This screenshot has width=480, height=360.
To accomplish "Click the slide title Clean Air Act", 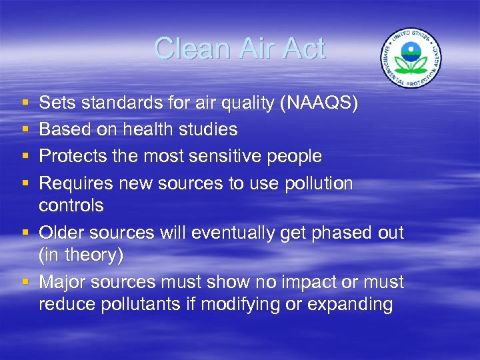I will click(x=239, y=49).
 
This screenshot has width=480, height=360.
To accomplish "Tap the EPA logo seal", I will click(x=411, y=58).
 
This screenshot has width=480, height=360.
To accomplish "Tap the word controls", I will click(x=71, y=205).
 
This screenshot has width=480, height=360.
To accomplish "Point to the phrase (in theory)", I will click(x=81, y=255).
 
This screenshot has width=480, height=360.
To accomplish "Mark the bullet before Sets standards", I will click(x=25, y=103).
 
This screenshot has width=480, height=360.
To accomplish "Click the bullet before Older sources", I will click(x=25, y=233).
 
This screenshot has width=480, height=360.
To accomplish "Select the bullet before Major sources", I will click(x=25, y=283).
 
